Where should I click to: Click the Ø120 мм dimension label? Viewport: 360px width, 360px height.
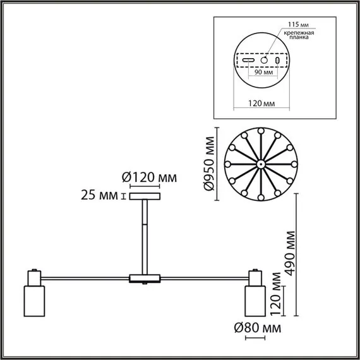coord(150,177)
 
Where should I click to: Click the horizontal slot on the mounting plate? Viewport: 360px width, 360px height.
coord(249,58)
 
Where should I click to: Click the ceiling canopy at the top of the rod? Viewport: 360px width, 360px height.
coord(145,196)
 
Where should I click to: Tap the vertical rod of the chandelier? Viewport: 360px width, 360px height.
coord(145,234)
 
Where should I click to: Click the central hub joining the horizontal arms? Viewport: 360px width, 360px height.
coord(145,278)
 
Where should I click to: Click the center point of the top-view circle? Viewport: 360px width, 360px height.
coord(261,164)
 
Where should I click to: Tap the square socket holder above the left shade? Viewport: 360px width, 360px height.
coord(33,277)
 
